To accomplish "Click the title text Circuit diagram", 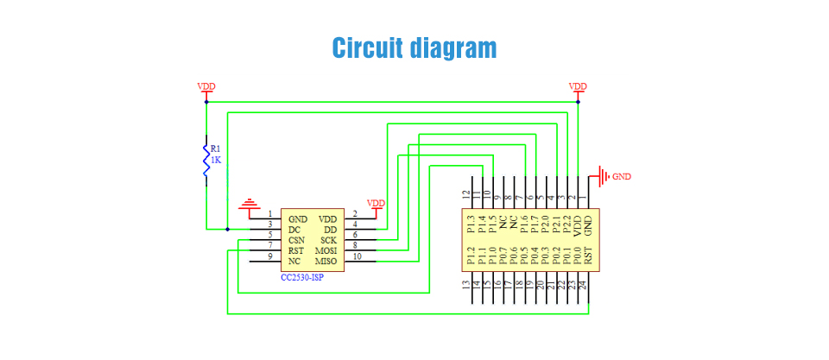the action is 414,48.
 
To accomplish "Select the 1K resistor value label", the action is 216,159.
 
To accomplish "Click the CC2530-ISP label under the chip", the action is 302,277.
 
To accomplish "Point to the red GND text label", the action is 622,177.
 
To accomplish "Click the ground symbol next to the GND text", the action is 604,176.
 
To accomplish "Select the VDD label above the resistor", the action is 206,86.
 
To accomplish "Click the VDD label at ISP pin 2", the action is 376,203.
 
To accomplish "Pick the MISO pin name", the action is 326,261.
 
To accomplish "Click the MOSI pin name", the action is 326,250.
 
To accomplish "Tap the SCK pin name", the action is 329,240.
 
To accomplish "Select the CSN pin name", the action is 296,240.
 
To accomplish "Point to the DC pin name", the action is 294,230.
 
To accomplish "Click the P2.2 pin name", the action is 566,224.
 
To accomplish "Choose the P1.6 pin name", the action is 524,224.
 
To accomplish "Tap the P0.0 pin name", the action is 578,256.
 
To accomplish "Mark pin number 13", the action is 465,286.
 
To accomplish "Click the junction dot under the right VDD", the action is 578,102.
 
